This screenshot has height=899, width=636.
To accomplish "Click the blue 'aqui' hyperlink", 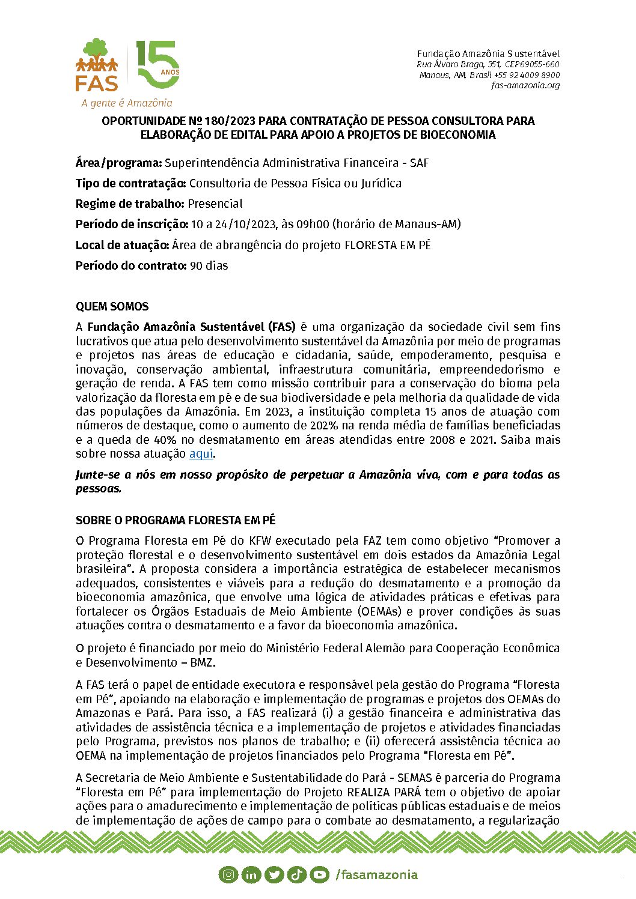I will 201,453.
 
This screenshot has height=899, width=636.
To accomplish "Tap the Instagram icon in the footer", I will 228,874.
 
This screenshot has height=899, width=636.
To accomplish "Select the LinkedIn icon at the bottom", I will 251,874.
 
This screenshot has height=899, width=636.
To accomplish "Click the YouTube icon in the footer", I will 319,874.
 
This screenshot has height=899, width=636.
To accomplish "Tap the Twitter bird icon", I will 274,874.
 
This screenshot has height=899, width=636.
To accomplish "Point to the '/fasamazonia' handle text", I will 376,874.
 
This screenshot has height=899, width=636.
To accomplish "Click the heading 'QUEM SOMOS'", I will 112,306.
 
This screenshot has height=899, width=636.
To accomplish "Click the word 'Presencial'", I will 215,204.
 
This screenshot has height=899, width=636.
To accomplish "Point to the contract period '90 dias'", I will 209,265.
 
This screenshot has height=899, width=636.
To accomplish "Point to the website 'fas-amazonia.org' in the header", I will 525,85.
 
